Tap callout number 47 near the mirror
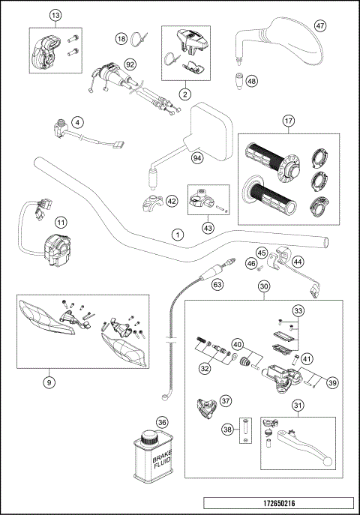tap(320, 25)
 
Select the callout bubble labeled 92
tap(130, 64)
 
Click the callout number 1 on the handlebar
tap(177, 234)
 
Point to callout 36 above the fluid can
tap(161, 424)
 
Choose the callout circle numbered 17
tap(288, 121)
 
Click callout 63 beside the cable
tap(217, 285)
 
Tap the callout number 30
tap(263, 286)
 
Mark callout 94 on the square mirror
tap(197, 158)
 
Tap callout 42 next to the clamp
tap(172, 201)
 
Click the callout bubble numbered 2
tap(184, 94)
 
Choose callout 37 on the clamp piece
tap(225, 401)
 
